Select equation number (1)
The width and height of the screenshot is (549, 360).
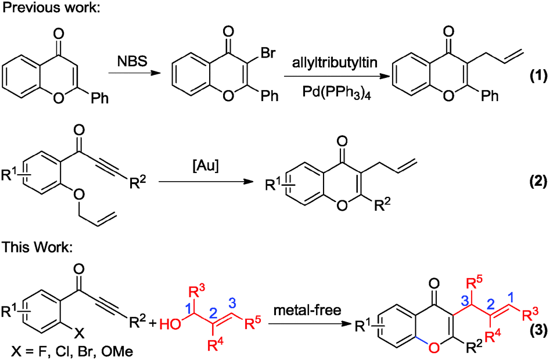click(x=533, y=77)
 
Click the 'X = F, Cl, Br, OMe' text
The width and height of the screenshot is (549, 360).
click(x=62, y=351)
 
